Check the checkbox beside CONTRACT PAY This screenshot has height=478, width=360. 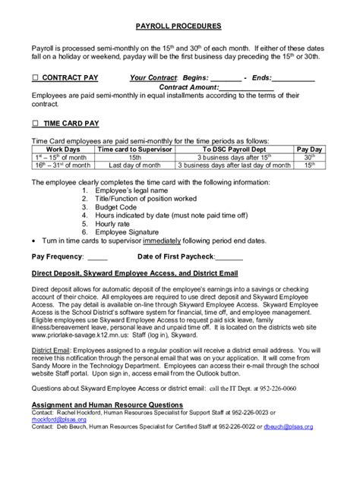click(x=35, y=77)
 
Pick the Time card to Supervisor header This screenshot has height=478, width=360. click(x=134, y=149)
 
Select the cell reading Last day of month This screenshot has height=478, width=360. click(x=134, y=164)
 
